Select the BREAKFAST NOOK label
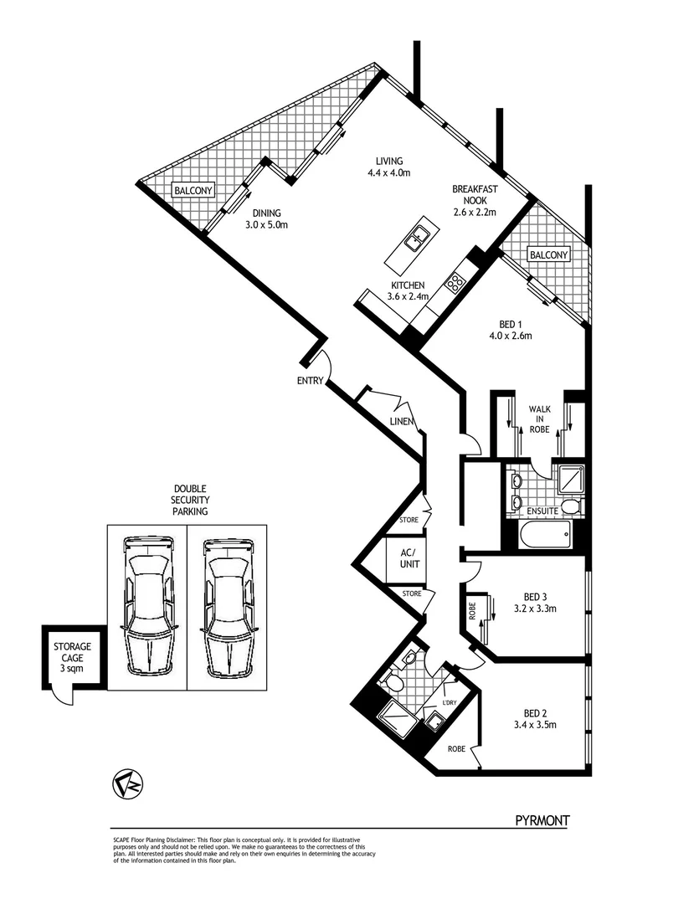point(475,200)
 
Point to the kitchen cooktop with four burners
point(455,283)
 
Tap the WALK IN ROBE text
point(538,418)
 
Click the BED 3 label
point(535,602)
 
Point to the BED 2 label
point(535,718)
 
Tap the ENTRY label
point(310,382)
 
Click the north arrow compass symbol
point(128,784)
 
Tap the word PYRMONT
point(542,821)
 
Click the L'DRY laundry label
point(450,701)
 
